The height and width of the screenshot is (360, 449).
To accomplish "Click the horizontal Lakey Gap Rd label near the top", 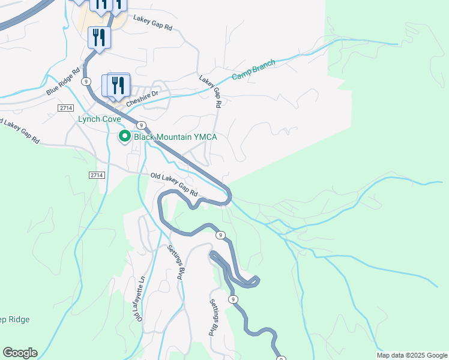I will tap(152, 23).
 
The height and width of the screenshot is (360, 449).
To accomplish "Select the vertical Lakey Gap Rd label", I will tap(211, 91).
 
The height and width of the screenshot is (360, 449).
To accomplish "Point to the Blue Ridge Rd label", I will tap(63, 82).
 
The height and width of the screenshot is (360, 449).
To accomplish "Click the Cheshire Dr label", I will tap(142, 97).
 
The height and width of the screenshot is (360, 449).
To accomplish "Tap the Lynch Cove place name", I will tap(100, 119).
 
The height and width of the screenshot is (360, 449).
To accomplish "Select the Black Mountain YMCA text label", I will tap(175, 137).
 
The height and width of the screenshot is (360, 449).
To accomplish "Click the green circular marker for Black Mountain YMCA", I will tap(124, 137).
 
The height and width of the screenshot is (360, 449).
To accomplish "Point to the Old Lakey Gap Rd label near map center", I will tap(174, 185).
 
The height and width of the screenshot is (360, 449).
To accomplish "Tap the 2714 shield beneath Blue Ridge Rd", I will tap(66, 107).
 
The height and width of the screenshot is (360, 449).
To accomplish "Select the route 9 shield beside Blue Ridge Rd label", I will tap(87, 80).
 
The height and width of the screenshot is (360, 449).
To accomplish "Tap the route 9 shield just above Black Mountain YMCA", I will tap(140, 125).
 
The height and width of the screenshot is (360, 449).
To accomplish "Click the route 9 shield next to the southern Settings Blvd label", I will tap(233, 299).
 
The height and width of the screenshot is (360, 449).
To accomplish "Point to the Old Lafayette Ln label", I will tap(139, 298).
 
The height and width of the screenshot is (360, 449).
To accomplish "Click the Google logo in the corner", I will tap(20, 353).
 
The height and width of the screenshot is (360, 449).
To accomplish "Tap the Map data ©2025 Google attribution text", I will tap(411, 355).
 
